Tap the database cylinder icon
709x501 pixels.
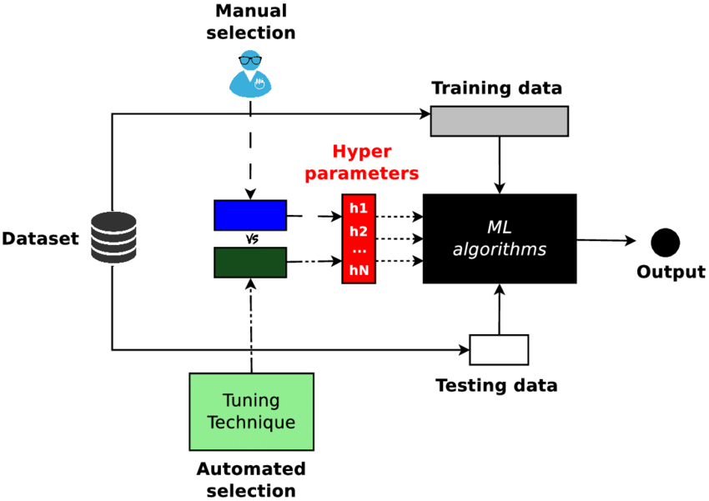click(113, 238)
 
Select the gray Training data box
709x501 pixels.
click(499, 121)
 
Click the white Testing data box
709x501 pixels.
click(499, 349)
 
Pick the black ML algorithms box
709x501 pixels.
click(499, 238)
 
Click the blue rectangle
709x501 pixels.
click(249, 215)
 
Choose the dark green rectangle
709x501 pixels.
click(249, 263)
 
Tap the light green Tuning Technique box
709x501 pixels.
click(251, 412)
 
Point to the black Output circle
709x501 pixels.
click(665, 243)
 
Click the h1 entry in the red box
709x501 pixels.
click(359, 207)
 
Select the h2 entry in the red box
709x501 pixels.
click(359, 230)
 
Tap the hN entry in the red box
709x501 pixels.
click(359, 270)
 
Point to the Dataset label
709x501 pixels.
click(40, 239)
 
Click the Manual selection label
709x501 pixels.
click(250, 23)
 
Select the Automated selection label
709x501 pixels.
click(251, 479)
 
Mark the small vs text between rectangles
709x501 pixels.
click(249, 239)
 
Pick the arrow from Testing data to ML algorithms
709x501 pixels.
click(499, 308)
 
